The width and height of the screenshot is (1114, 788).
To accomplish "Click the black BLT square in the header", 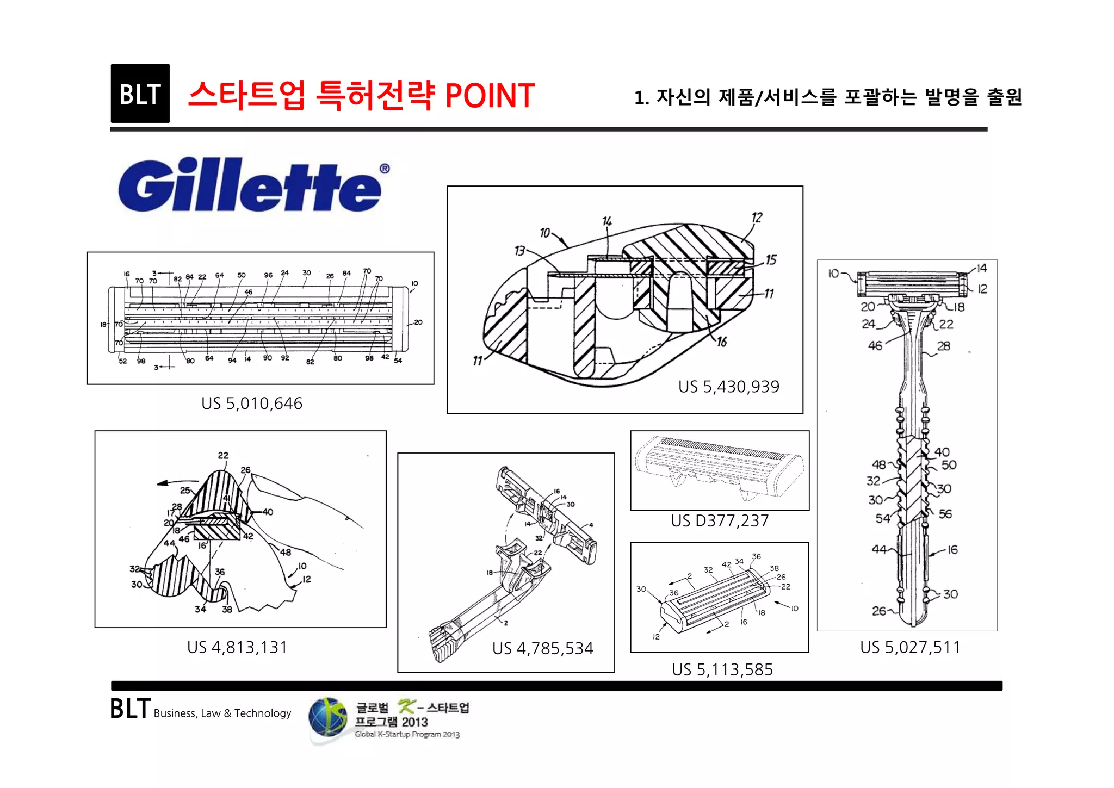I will [140, 94].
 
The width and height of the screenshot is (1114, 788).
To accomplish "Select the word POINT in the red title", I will [490, 96].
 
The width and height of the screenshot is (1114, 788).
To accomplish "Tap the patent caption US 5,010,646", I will [251, 404].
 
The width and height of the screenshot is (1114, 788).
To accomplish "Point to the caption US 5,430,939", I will [728, 387].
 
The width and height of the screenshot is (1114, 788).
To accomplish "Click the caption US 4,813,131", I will [237, 647].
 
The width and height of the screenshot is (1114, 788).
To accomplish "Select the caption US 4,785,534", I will [542, 648].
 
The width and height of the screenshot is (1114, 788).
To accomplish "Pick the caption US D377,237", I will [720, 521].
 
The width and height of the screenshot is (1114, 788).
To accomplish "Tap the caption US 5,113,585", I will [722, 669].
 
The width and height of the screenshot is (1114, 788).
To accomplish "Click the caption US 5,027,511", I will [910, 647].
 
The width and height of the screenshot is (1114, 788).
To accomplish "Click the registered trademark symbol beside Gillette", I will [385, 169].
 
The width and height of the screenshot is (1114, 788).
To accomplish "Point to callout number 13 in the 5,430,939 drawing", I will [519, 251].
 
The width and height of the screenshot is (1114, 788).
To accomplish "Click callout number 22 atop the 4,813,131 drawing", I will [223, 455].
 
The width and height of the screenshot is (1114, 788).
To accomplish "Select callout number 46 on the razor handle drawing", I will [875, 345].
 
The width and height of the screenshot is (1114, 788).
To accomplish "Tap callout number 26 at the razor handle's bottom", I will [879, 611].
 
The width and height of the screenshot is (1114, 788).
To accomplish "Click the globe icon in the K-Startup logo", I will [327, 717].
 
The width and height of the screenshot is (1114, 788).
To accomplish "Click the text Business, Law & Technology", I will [222, 713].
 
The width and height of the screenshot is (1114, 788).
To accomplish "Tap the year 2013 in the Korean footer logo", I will [415, 722].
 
